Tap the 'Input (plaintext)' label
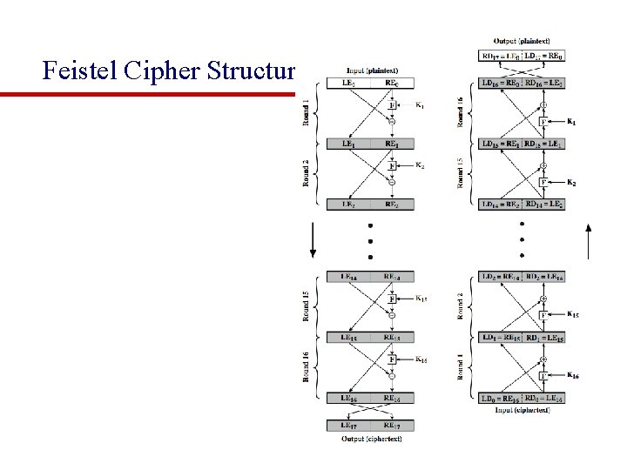368,71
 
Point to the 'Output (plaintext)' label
521,40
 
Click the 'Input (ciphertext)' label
521,409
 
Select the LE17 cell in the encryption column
347,426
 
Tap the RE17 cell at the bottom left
391,426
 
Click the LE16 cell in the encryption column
347,398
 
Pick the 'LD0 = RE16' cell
500,399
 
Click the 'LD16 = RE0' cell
500,84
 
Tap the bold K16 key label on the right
573,375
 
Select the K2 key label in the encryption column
421,165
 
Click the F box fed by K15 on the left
392,299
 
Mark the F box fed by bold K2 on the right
543,182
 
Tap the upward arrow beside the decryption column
590,242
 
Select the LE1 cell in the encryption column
347,144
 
